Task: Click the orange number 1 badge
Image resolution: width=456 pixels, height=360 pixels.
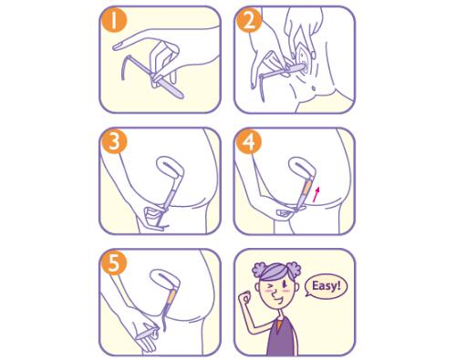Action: click(114, 21)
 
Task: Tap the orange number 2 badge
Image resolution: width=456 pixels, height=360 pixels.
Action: click(249, 21)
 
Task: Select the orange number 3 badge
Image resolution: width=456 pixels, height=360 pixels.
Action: click(114, 142)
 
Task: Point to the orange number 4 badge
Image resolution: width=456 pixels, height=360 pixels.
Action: click(249, 142)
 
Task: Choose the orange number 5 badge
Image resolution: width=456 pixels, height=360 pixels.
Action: click(114, 263)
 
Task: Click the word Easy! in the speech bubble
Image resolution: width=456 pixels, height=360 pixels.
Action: click(326, 286)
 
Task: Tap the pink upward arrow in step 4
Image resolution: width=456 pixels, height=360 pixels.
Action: click(316, 194)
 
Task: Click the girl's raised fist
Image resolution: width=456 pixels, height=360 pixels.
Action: click(244, 297)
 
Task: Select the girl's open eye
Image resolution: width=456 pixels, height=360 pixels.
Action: click(285, 284)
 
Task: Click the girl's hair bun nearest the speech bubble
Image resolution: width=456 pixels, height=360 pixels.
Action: click(293, 270)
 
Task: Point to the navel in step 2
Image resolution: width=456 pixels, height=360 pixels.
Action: click(314, 88)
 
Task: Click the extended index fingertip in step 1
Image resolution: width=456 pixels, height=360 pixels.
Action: click(115, 46)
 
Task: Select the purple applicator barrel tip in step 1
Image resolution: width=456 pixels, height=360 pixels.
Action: click(181, 96)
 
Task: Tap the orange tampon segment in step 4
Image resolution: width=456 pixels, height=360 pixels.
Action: click(306, 189)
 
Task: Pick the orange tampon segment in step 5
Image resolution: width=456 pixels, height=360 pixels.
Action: click(171, 296)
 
